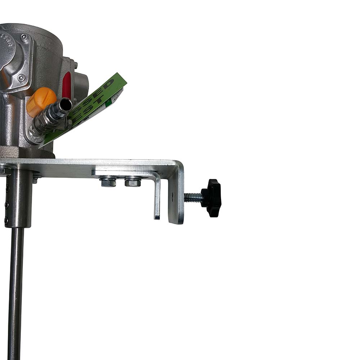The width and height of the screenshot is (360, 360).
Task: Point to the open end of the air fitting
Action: pos(66,105)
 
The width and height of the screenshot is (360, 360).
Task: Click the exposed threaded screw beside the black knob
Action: pos(193,197)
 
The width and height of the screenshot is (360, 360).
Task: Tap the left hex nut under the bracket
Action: pos(108,182)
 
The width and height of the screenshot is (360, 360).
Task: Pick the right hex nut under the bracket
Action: pos(132,182)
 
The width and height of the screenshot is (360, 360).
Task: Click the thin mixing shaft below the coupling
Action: pos(16,288)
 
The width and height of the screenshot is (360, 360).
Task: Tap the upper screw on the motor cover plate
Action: pos(24,37)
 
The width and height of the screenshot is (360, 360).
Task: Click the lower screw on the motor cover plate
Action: pos(21,77)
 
